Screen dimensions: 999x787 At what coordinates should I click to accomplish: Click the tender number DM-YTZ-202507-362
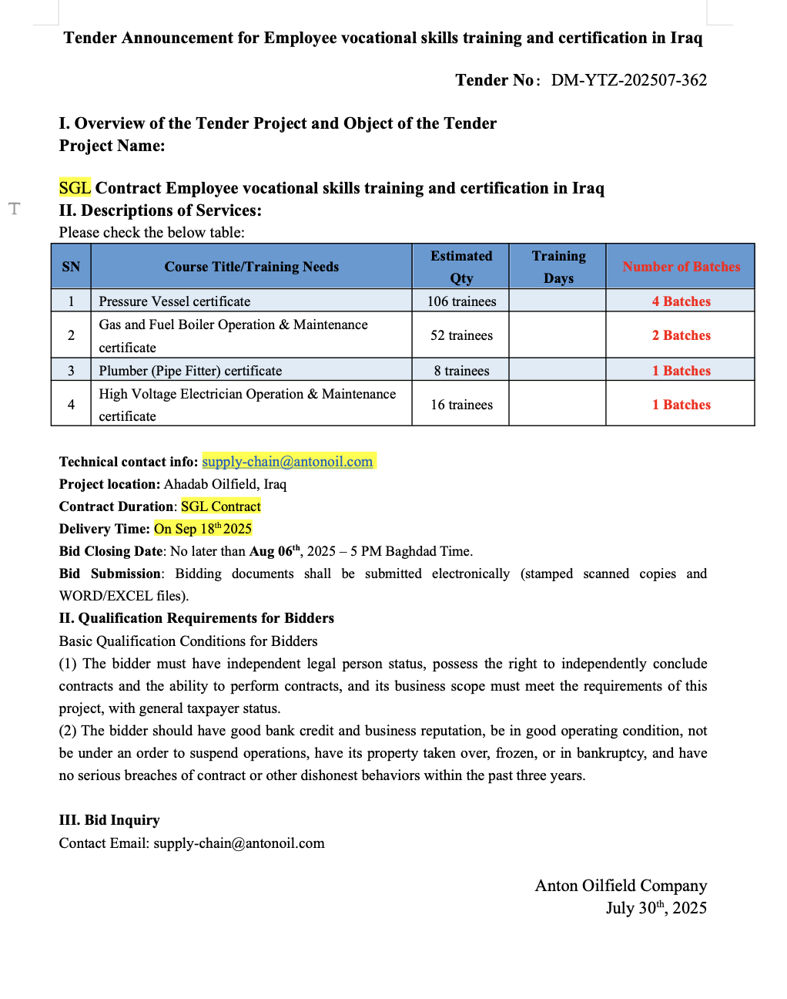click(x=628, y=80)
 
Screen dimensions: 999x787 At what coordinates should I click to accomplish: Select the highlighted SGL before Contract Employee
click(x=75, y=188)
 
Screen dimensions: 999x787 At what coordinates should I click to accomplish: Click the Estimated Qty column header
click(x=460, y=267)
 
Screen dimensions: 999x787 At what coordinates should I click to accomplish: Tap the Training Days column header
click(x=558, y=267)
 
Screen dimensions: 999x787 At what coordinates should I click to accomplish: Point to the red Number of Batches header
click(x=681, y=267)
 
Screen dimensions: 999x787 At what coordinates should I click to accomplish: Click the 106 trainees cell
click(x=461, y=301)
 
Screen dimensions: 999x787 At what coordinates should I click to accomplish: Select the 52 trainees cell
click(x=461, y=335)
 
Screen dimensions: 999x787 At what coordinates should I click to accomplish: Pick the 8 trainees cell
click(x=461, y=371)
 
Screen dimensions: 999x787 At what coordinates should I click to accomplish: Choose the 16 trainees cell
click(x=461, y=405)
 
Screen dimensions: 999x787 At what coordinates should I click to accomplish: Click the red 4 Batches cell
click(x=681, y=301)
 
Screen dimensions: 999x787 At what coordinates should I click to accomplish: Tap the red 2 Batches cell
click(x=681, y=335)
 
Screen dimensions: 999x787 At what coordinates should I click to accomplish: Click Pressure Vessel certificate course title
click(x=174, y=301)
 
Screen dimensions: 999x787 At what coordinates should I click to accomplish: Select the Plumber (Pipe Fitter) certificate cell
click(x=190, y=371)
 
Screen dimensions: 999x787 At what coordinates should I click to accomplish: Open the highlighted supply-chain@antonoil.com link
click(x=287, y=462)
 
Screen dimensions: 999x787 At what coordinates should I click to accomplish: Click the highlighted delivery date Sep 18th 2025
click(x=203, y=529)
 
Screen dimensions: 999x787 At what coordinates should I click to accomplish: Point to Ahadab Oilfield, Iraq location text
click(x=225, y=484)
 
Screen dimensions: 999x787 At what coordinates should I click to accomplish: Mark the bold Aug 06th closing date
click(x=274, y=551)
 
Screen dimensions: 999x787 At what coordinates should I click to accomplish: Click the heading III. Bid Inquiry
click(x=109, y=820)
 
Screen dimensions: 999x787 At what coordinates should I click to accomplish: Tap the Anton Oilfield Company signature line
click(x=621, y=886)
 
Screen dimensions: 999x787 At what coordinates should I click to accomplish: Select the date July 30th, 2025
click(x=656, y=908)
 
